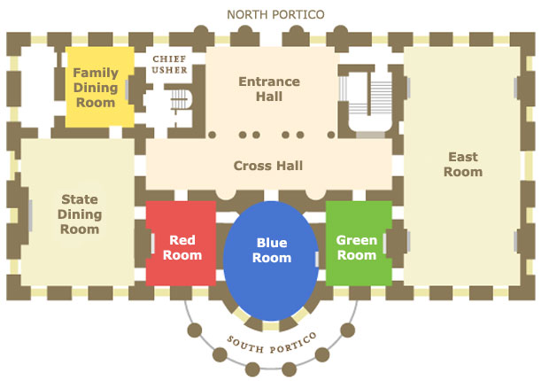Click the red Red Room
tap(181, 243)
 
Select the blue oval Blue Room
tap(271, 260)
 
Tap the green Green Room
tap(359, 243)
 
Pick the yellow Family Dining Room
tap(100, 87)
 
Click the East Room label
tap(463, 164)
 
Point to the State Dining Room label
tap(80, 214)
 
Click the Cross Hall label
tap(268, 166)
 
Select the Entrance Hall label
tap(269, 89)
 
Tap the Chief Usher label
tap(169, 65)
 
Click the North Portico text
tap(275, 14)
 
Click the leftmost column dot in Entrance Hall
tap(212, 135)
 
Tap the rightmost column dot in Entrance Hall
tap(331, 135)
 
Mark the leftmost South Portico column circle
tap(195, 330)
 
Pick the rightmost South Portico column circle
tap(348, 330)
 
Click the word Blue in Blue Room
tap(272, 243)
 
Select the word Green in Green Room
tap(357, 240)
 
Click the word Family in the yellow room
tap(96, 73)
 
